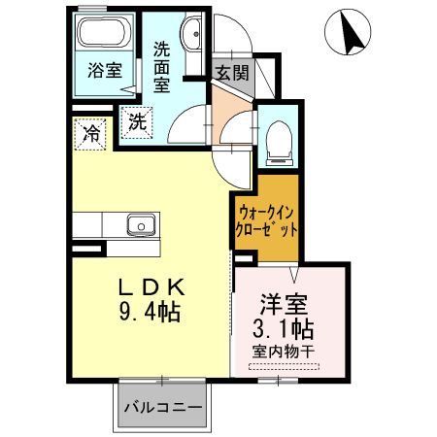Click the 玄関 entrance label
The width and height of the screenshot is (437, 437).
(231, 72)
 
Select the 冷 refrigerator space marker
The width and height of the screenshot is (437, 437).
(90, 131)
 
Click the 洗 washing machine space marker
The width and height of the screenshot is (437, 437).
(137, 123)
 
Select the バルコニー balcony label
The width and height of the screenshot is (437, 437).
(162, 406)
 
